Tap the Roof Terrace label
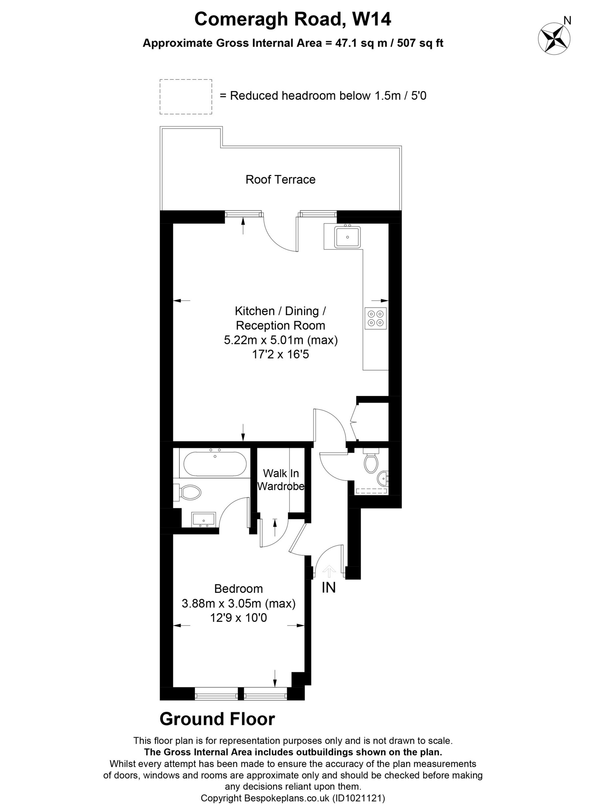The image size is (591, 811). click(280, 179)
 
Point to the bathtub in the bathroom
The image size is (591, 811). click(215, 464)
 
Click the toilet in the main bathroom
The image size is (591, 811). click(189, 493)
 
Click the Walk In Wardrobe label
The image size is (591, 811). click(281, 480)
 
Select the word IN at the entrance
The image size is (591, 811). click(328, 588)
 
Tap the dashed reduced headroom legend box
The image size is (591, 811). click(186, 97)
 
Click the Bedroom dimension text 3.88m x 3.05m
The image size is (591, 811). click(239, 603)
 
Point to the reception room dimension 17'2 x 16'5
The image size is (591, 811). click(280, 354)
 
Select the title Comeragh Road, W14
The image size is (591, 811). click(293, 19)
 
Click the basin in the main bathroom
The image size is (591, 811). click(203, 520)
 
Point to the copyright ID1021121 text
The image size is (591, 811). click(359, 798)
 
